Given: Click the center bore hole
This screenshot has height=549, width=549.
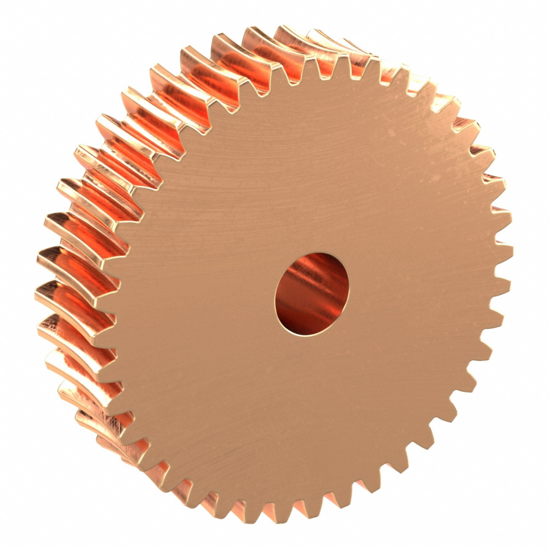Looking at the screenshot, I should coord(312,295).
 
